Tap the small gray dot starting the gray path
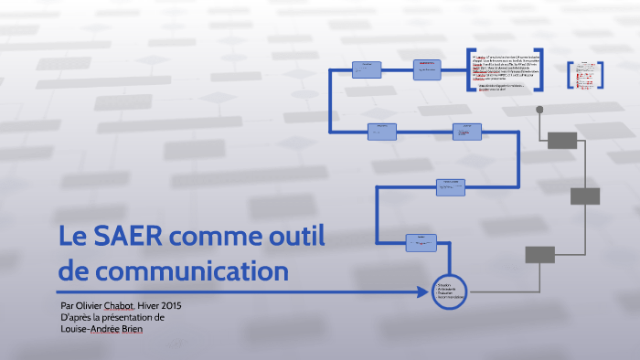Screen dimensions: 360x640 pyautogui.click(x=539, y=110)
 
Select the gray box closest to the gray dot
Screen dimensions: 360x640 pyautogui.click(x=562, y=140)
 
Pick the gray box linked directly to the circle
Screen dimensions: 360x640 pyautogui.click(x=540, y=254)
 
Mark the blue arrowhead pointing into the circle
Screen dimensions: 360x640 pyautogui.click(x=426, y=292)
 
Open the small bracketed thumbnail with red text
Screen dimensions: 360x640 pyautogui.click(x=582, y=75)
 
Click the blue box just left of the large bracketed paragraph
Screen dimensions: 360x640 pyautogui.click(x=427, y=69)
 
